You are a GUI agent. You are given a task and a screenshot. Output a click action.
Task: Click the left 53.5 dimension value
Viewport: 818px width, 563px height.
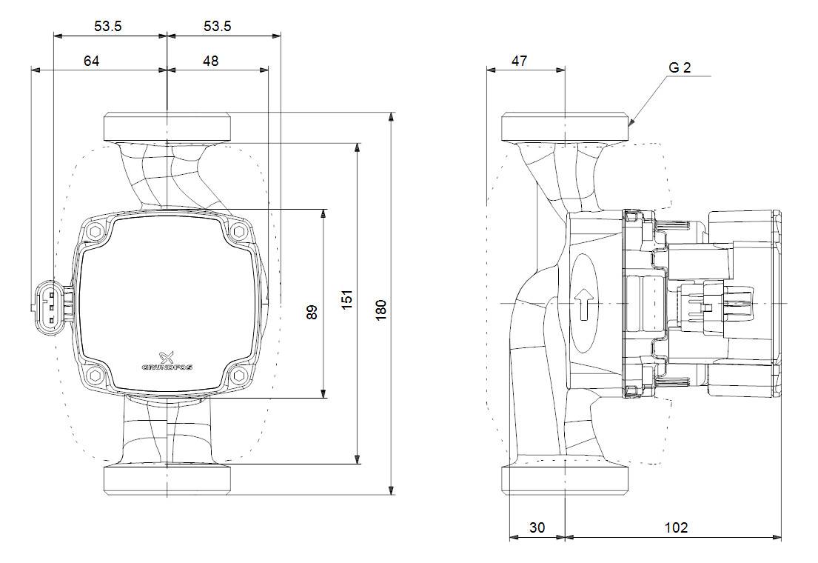pos(107,26)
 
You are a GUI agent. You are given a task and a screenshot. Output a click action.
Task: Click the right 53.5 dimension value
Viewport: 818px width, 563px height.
pos(218,26)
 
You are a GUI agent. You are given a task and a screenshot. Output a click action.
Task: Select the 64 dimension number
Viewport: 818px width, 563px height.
pos(91,61)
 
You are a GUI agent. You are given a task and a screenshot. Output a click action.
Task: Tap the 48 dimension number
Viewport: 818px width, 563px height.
pos(211,61)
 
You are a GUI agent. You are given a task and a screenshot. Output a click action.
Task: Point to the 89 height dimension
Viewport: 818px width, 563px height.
pos(312,312)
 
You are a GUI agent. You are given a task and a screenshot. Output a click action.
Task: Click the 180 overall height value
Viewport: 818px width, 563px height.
pos(380,309)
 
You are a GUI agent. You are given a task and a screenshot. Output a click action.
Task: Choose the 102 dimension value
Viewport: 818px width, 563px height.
pos(676,527)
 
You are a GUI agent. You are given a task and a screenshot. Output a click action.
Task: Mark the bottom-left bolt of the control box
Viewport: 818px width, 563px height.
pos(95,375)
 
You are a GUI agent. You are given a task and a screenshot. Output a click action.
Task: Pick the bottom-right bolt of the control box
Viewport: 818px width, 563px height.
pos(238,375)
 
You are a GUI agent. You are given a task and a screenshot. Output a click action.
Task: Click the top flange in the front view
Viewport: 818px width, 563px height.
pos(167,126)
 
